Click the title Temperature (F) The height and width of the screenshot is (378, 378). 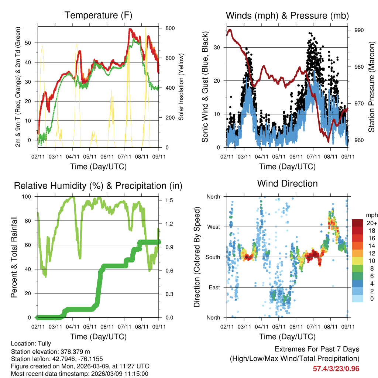(98, 15)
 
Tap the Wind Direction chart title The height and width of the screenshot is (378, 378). (287, 183)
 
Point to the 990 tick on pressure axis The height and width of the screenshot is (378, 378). (359, 30)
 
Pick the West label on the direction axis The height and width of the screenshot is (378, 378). (213, 227)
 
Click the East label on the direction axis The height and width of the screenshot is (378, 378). (214, 287)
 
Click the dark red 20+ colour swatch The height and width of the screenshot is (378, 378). (357, 223)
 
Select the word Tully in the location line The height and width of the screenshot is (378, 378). (44, 344)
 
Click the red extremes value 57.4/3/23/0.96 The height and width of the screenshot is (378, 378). (336, 369)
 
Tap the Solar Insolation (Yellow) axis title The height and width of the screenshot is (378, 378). (181, 87)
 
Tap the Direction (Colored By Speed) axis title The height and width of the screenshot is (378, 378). (197, 257)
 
